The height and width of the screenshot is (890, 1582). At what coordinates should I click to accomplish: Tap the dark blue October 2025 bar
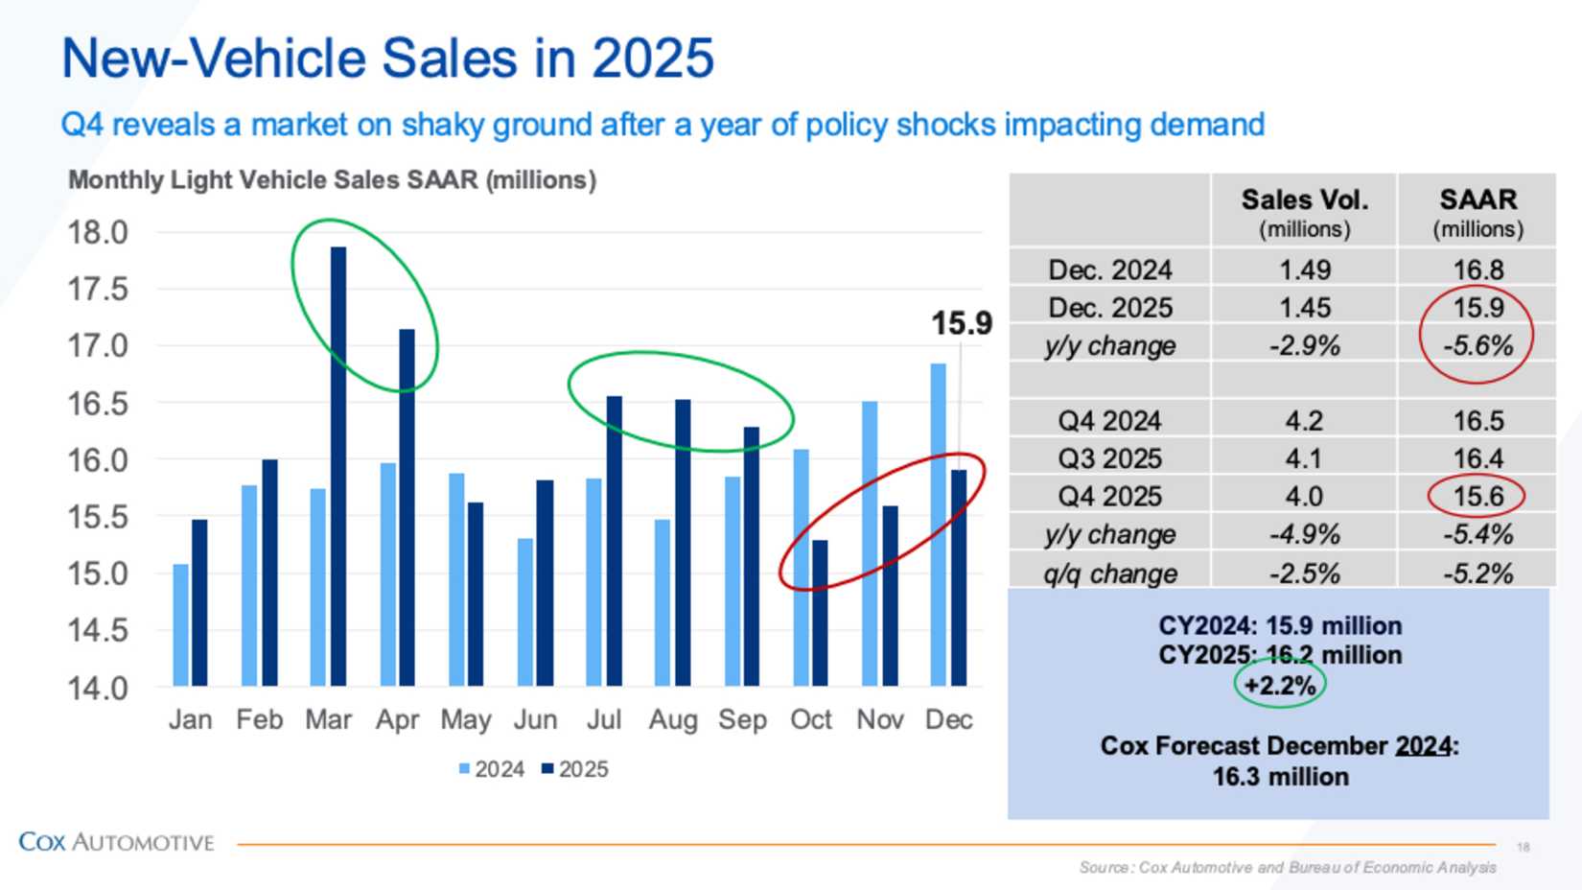tap(820, 613)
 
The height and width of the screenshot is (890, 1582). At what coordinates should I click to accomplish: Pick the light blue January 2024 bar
tap(180, 624)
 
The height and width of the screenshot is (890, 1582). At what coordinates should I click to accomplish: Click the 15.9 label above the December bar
tap(961, 324)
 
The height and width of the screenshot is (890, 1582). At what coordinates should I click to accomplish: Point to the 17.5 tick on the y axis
tap(97, 289)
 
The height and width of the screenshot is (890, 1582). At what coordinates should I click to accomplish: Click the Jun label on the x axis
tap(534, 719)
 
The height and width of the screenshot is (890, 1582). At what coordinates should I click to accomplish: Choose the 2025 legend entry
tap(575, 769)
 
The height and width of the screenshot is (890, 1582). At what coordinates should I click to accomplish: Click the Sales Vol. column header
tap(1304, 199)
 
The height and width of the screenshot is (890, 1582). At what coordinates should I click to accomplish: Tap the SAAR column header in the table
tap(1477, 199)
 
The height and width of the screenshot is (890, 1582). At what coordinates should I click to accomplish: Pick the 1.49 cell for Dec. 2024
tap(1304, 270)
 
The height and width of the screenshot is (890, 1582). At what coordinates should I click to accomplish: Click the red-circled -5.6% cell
tap(1477, 345)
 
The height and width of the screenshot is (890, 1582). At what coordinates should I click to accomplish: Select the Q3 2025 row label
tap(1109, 458)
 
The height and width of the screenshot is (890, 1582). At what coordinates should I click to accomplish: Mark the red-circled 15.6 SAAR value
tap(1477, 496)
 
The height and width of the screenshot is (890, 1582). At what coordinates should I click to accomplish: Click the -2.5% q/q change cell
tap(1304, 574)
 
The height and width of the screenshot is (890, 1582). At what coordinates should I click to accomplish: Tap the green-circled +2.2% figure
tap(1279, 686)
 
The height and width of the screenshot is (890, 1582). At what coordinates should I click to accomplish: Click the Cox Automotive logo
tap(116, 842)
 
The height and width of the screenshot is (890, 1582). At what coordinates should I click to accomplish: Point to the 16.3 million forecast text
tap(1280, 777)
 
